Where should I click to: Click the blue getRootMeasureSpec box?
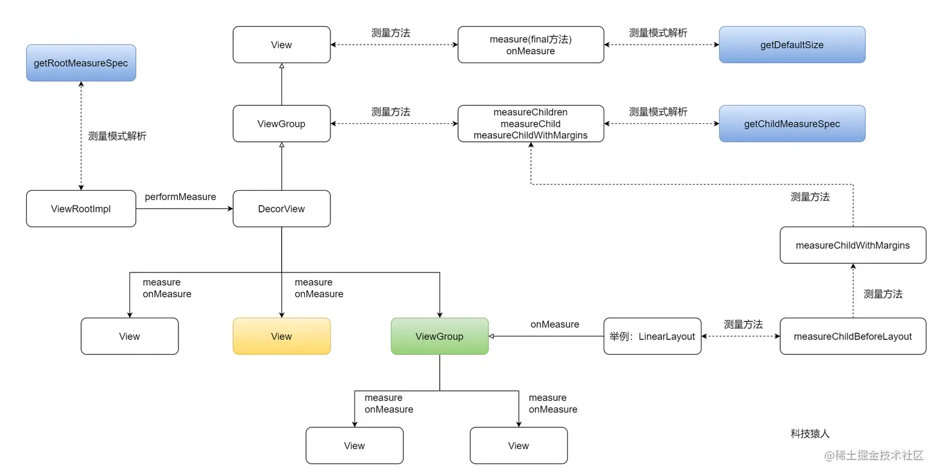81,63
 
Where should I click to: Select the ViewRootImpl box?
81,209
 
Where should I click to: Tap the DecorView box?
281,209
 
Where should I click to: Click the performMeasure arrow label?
180,197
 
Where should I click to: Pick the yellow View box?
281,336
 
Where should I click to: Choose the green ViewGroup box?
439,336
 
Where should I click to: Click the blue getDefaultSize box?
791,45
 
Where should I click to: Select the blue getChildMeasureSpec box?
791,124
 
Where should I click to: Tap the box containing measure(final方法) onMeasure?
530,45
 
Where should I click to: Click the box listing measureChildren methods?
530,124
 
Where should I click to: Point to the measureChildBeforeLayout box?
853,336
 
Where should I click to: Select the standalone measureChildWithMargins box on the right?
853,245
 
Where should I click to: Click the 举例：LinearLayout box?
652,336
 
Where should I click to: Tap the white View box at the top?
281,45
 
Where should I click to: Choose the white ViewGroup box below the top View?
281,124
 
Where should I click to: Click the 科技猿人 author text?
809,434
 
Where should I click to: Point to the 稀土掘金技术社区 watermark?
873,456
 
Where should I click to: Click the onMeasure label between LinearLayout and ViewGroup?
555,325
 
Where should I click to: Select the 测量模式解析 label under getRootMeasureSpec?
117,136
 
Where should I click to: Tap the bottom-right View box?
518,446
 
